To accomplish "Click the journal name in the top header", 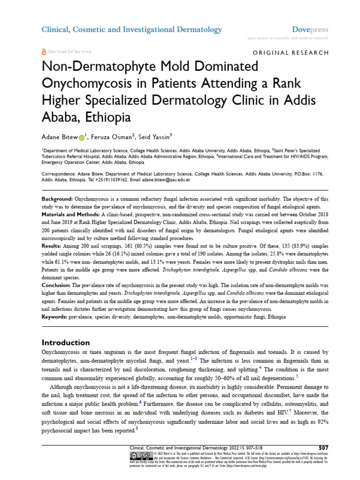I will tap(132, 30).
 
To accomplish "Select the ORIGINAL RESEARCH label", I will tap(291, 52).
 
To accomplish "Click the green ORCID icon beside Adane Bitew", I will tap(82, 137).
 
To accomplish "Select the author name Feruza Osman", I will tap(112, 137).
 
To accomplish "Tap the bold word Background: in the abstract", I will tap(57, 199).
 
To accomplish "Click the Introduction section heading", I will tap(66, 343).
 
